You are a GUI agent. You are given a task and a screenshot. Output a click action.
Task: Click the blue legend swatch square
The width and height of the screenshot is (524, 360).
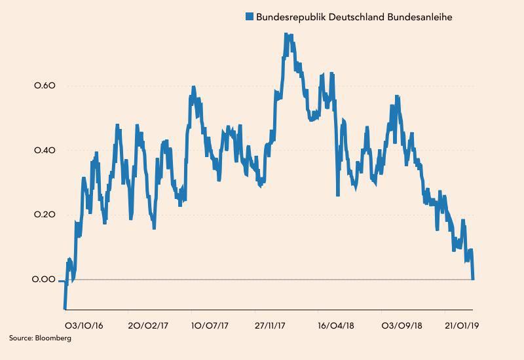[250, 17]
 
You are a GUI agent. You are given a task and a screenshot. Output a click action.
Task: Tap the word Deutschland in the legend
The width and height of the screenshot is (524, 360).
[354, 17]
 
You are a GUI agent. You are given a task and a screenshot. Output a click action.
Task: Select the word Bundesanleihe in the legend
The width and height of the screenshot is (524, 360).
[420, 17]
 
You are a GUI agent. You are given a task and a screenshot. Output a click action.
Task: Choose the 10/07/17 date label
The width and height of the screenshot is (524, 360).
[210, 325]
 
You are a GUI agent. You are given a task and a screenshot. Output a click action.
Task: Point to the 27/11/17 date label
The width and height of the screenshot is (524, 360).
[272, 325]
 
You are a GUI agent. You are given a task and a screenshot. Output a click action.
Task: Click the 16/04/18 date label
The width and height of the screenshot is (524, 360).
[336, 325]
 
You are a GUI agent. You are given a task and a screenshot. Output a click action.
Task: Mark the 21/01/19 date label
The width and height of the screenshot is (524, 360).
[462, 325]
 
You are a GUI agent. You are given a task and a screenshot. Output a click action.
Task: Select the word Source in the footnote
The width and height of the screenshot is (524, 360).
[19, 338]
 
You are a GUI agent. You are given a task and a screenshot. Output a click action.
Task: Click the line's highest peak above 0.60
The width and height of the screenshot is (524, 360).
[287, 35]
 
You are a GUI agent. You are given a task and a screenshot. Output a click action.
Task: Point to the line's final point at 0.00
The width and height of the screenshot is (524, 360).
[473, 279]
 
